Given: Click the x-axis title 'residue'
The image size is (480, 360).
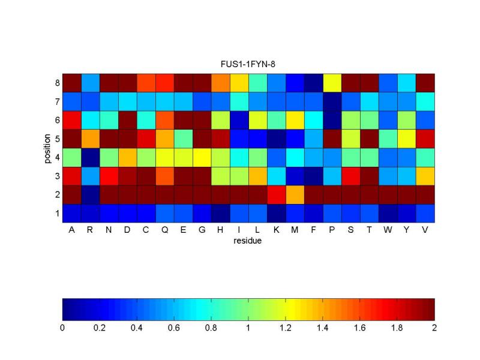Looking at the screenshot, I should (248, 241).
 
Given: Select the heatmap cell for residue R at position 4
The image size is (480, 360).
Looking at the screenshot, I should (90, 157).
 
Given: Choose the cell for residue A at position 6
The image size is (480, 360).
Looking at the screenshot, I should (71, 120).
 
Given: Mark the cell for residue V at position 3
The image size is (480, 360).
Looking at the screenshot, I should (425, 176).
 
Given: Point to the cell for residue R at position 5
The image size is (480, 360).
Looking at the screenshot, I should (90, 139).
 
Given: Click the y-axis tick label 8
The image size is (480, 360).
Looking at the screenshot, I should (57, 83).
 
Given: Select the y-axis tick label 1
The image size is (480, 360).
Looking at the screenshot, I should (57, 213).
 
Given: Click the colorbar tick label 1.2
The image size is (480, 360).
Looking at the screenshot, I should (286, 328).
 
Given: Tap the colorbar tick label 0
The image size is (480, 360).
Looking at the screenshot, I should (62, 328).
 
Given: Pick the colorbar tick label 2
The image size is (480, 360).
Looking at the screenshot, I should (434, 328).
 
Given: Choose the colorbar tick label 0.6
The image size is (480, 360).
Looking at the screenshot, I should (174, 328).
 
